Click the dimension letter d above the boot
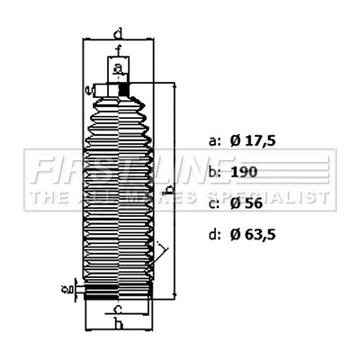pyautogui.click(x=118, y=34)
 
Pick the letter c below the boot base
pyautogui.click(x=118, y=309)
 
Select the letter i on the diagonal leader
pyautogui.click(x=159, y=245)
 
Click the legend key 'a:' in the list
pyautogui.click(x=213, y=141)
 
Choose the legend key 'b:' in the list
pyautogui.click(x=213, y=171)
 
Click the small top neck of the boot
pyautogui.click(x=117, y=71)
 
